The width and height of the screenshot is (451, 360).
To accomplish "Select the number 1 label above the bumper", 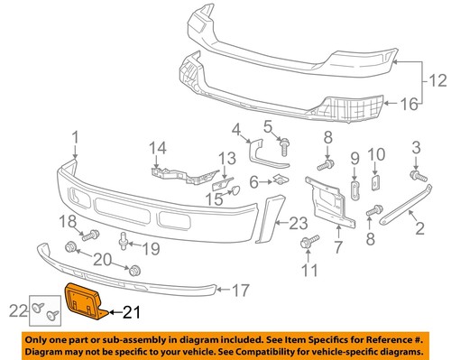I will pos(76,138).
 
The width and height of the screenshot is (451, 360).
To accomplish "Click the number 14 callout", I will pos(159,147).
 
